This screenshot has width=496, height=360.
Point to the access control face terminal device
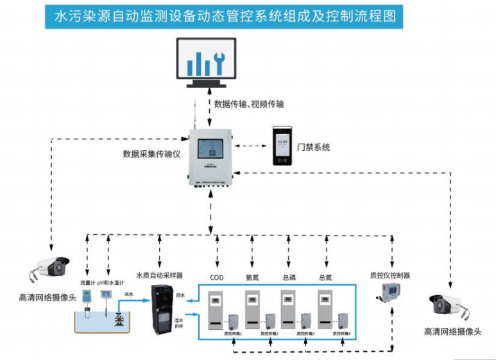(x=282, y=146)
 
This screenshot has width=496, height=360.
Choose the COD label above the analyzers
(x=217, y=277)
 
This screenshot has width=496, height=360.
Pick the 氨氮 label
(x=253, y=277)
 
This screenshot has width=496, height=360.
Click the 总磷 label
(x=289, y=277)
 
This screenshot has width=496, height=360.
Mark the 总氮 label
(x=326, y=277)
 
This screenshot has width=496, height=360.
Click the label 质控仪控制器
(x=390, y=275)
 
